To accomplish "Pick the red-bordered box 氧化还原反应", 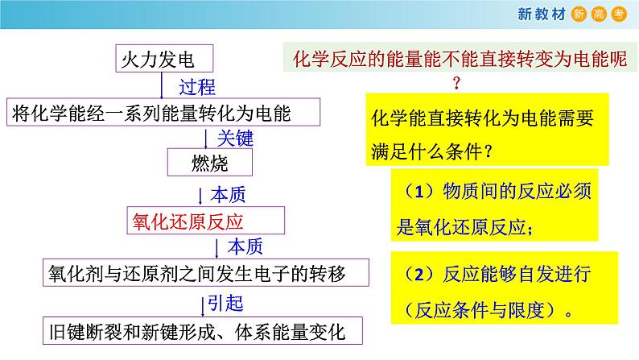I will click(x=204, y=221).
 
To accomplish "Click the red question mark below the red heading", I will click(x=456, y=83).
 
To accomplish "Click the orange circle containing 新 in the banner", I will click(x=579, y=13).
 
